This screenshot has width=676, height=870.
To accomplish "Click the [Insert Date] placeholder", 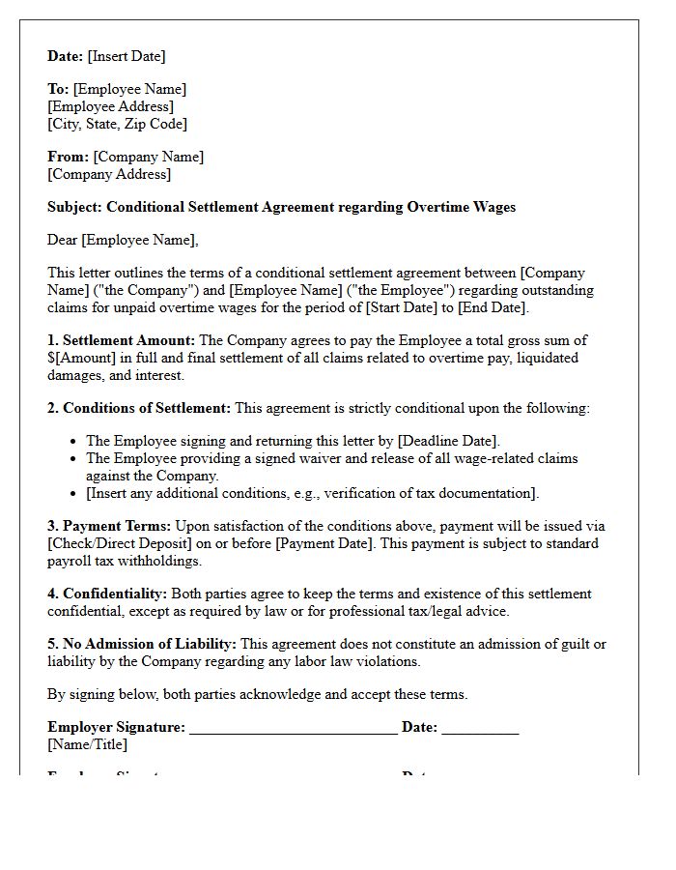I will pos(127,56).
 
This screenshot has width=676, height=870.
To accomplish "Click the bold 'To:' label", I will pos(58,89).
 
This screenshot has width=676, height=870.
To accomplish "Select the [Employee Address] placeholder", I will pos(110,106).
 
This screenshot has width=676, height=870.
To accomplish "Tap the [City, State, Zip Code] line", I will pos(117,124).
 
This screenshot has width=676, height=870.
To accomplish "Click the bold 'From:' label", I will pos(68,157).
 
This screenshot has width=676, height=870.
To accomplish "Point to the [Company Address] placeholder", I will pos(109,174).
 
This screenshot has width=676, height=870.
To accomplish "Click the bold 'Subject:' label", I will pos(74,207).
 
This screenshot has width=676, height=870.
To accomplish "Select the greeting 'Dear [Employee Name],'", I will pos(123,240).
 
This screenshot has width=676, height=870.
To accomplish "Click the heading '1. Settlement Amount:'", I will pos(121,340).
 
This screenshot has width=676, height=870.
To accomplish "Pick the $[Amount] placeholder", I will pos(85,358).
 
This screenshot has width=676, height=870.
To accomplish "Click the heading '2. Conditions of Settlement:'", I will pos(139,408).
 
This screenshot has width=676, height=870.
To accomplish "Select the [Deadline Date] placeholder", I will pos(447,441).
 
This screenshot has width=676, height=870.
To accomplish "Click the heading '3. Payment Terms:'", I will pos(109,526).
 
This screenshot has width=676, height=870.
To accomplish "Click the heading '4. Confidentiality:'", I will pos(107,594).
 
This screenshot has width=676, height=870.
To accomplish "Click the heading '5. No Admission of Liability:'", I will pos(142,644).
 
